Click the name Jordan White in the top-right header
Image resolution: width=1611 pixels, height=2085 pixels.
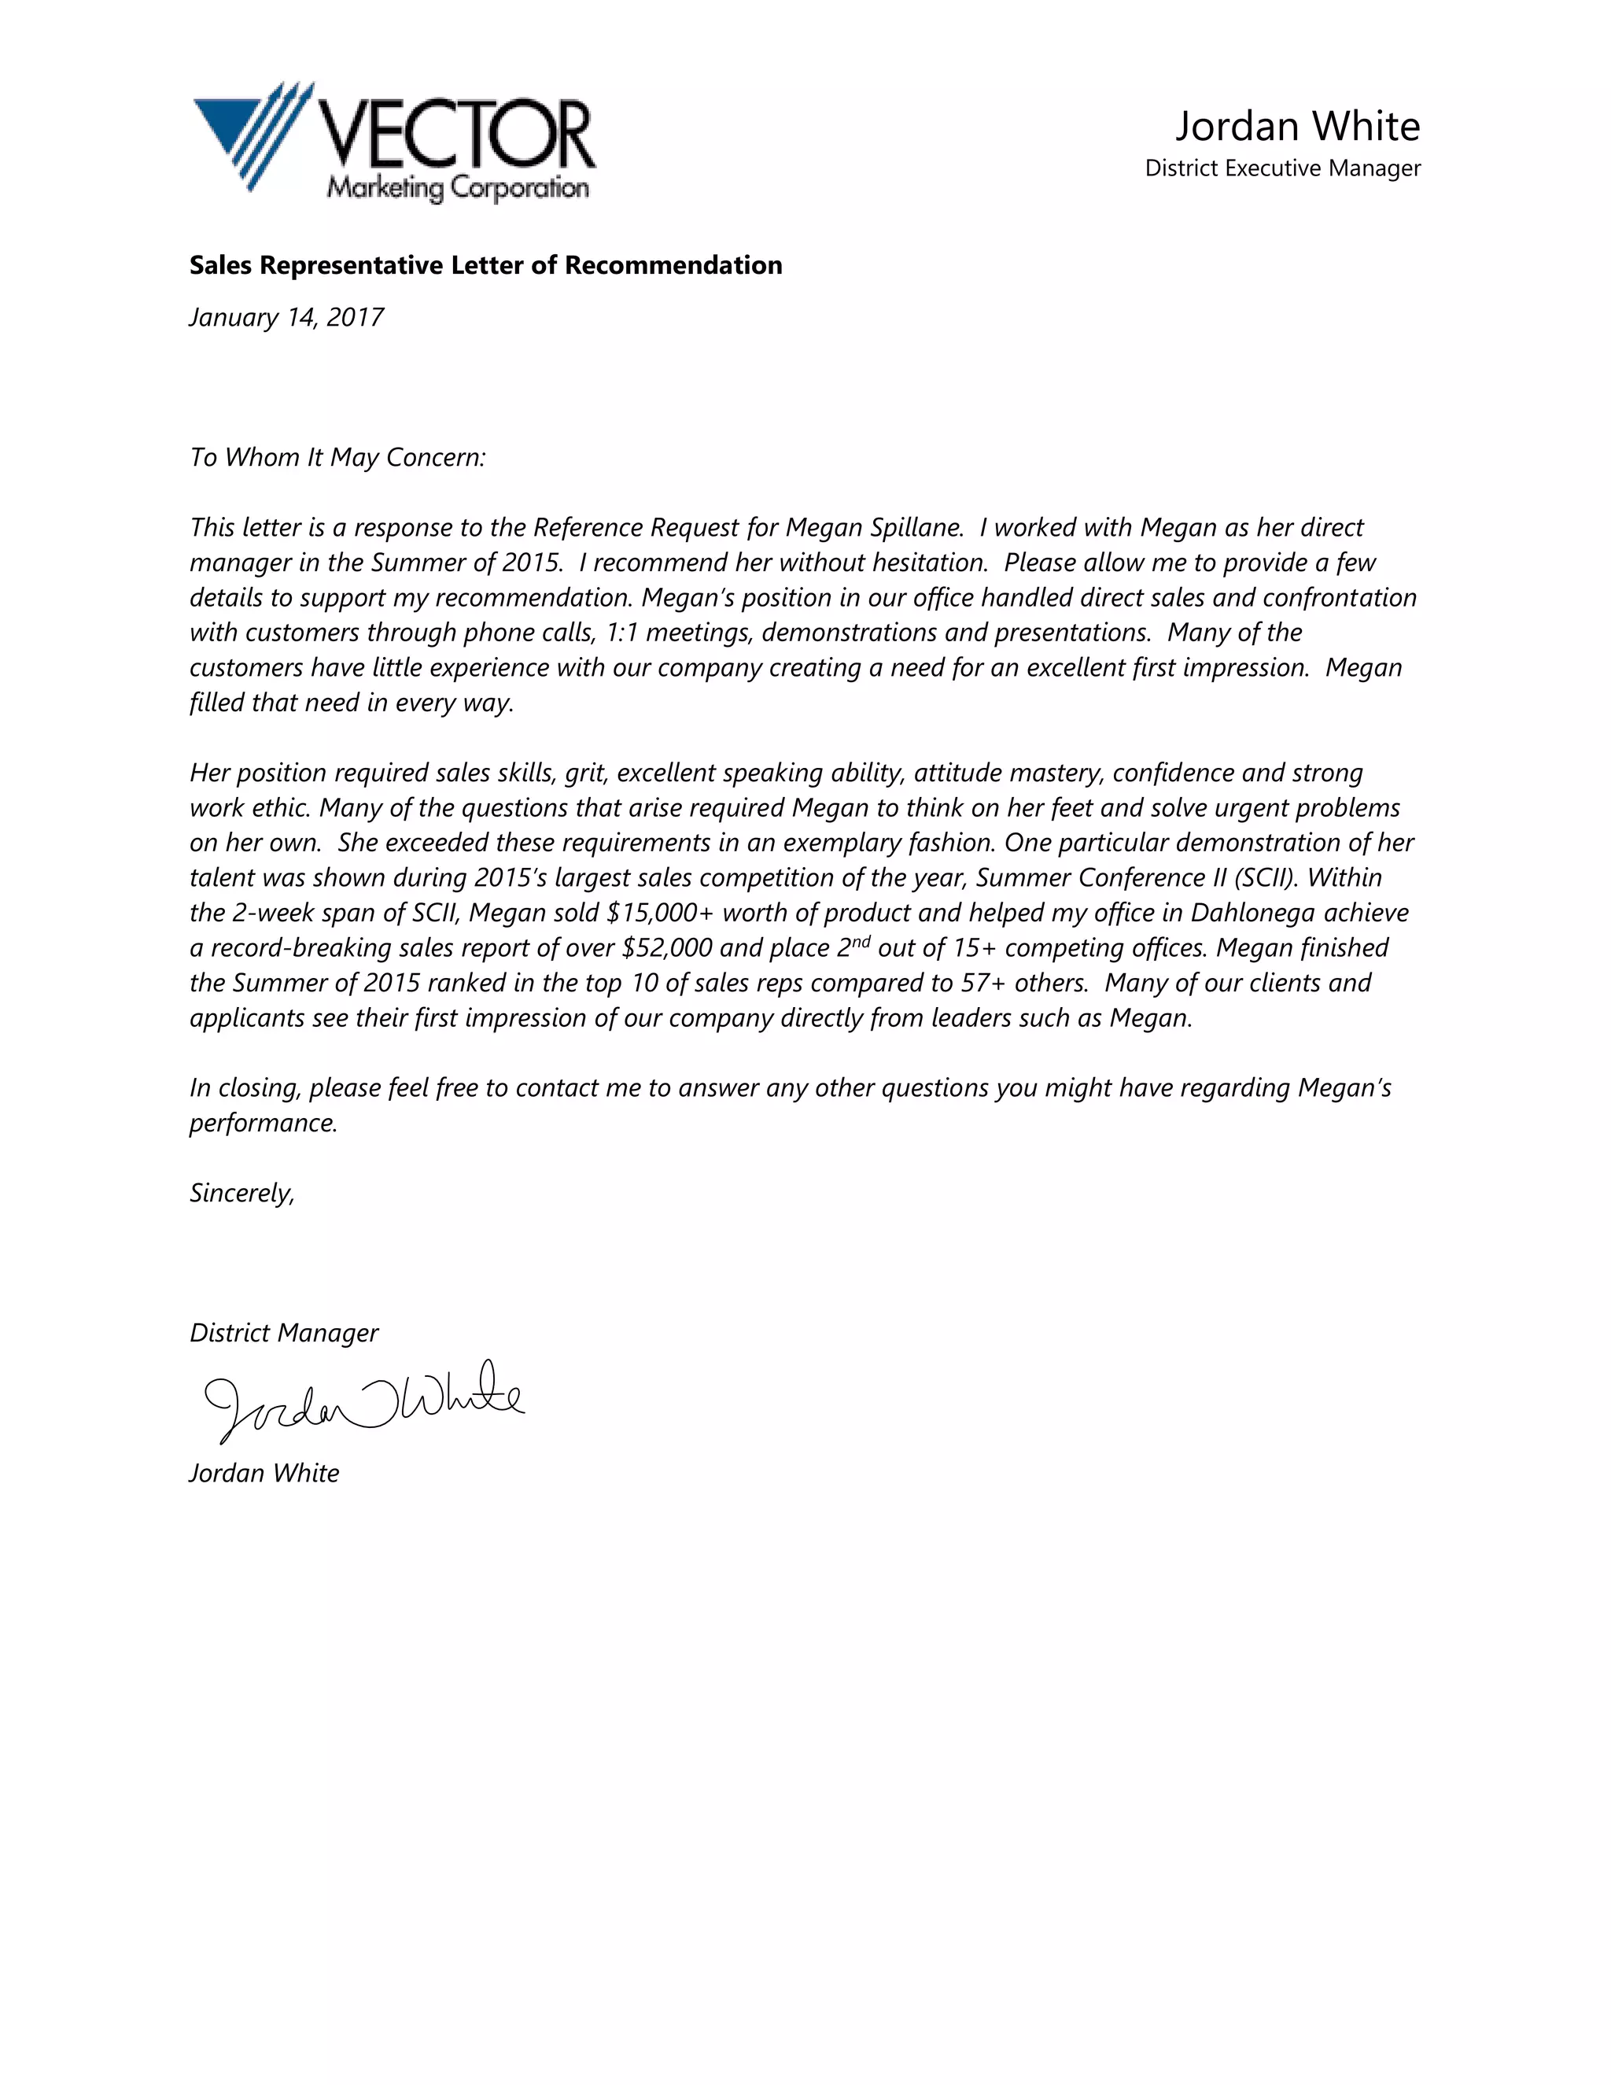[x=1297, y=126]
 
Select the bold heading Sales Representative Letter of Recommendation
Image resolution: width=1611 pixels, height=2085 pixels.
[x=485, y=265]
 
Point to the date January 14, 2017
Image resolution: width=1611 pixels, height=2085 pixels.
[x=286, y=317]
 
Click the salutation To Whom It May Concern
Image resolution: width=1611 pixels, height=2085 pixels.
[x=337, y=457]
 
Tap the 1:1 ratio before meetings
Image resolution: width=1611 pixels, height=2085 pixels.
[x=621, y=633]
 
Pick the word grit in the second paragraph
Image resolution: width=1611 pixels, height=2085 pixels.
[x=585, y=773]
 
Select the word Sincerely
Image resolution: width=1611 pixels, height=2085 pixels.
[x=241, y=1194]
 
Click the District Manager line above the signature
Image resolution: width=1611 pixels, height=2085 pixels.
[x=283, y=1333]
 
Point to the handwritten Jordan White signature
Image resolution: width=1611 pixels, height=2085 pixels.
[x=363, y=1400]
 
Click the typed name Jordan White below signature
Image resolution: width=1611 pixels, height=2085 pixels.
[x=264, y=1473]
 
